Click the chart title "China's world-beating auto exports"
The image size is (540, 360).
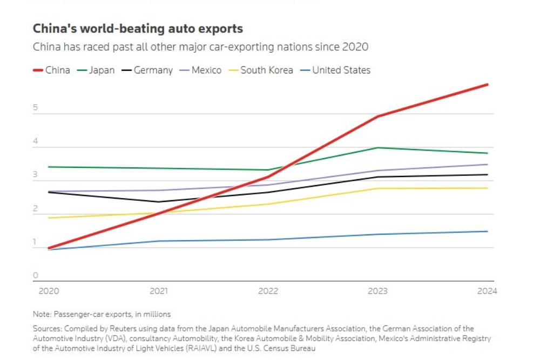pyautogui.click(x=138, y=29)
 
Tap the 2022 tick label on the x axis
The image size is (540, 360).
pyautogui.click(x=268, y=291)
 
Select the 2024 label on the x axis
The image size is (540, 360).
pyautogui.click(x=487, y=291)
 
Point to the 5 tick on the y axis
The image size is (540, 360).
pyautogui.click(x=36, y=108)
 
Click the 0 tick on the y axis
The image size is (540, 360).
pyautogui.click(x=36, y=276)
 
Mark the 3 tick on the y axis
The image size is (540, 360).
pyautogui.click(x=36, y=175)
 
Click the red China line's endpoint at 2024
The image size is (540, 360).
pyautogui.click(x=488, y=85)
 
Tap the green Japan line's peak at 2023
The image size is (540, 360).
pyautogui.click(x=377, y=147)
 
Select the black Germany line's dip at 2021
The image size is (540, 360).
pyautogui.click(x=158, y=202)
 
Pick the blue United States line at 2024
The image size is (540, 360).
pyautogui.click(x=488, y=232)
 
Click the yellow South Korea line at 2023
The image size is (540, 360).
pyautogui.click(x=377, y=188)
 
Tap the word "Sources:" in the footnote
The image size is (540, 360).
pyautogui.click(x=47, y=328)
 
